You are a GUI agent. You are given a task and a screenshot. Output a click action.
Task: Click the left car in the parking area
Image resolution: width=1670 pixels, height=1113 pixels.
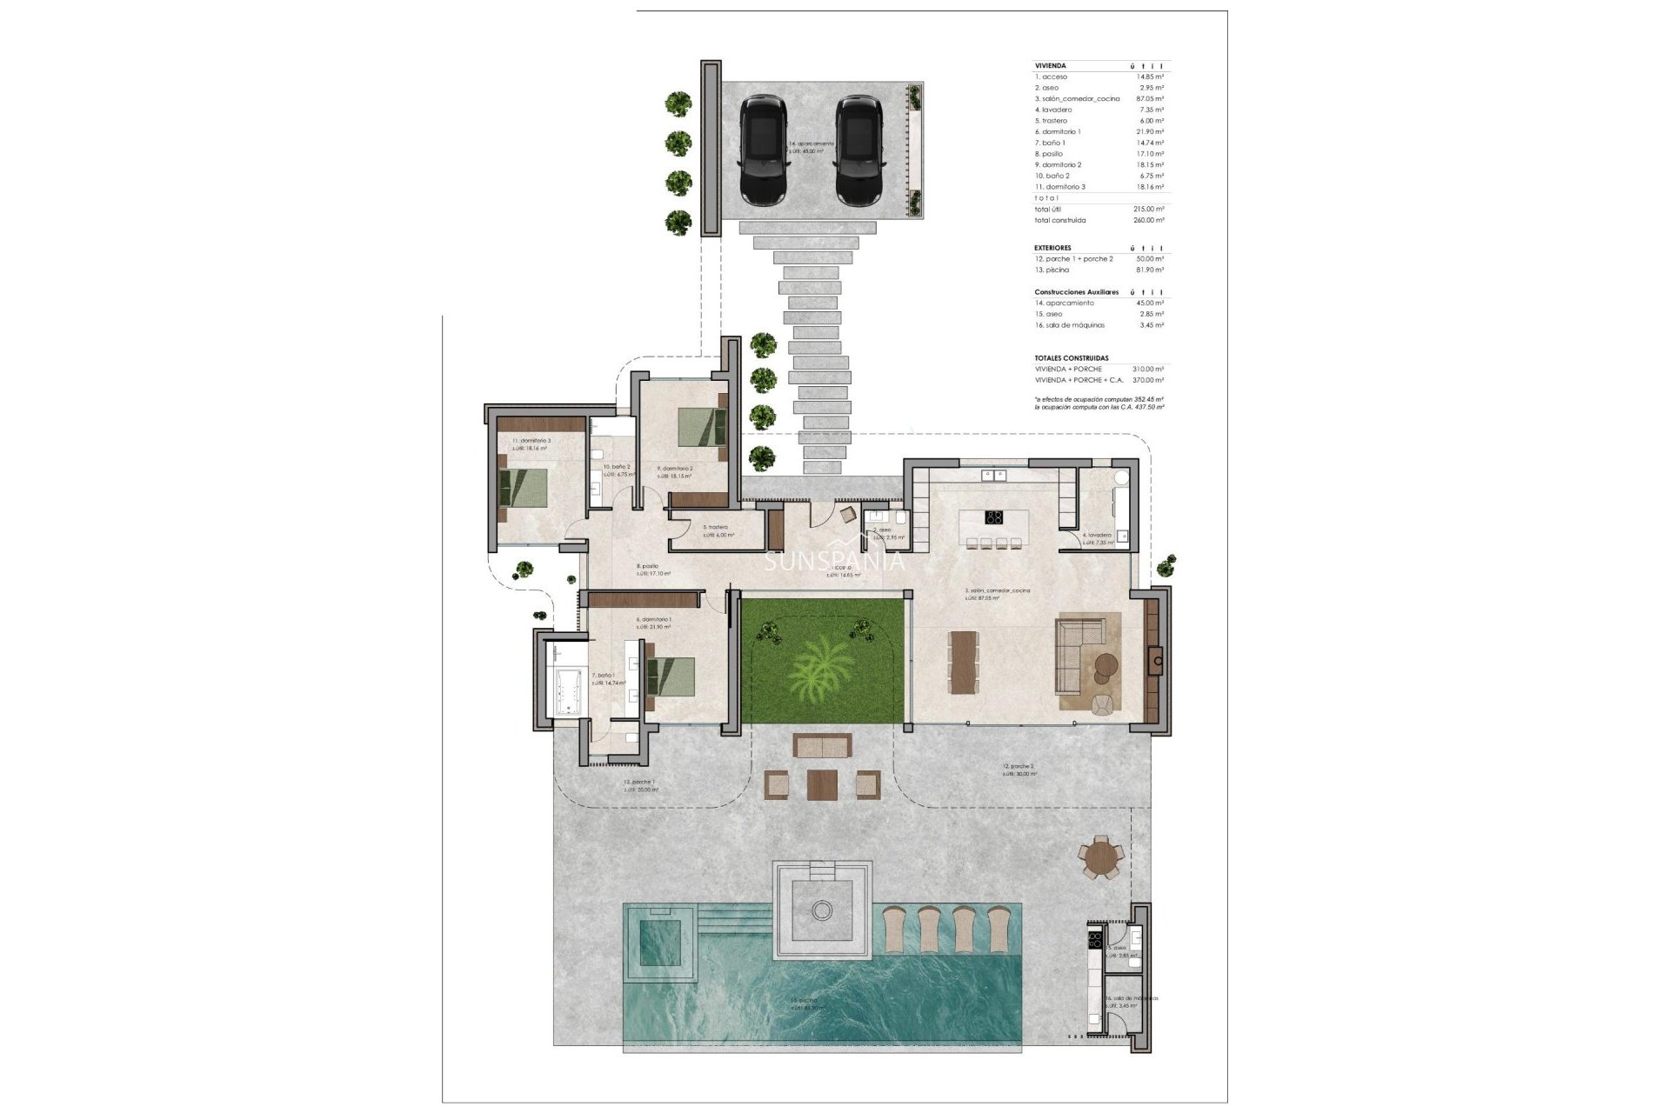(x=762, y=150)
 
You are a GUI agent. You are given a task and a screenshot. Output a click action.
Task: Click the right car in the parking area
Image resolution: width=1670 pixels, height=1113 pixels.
(x=858, y=150)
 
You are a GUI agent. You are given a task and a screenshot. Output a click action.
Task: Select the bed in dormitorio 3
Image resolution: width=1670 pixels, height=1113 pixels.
(x=524, y=488)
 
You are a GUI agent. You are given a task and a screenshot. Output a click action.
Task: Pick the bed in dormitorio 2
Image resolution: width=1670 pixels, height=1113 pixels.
(x=701, y=427)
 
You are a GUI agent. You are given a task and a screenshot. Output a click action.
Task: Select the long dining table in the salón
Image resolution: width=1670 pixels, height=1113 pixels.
(x=961, y=662)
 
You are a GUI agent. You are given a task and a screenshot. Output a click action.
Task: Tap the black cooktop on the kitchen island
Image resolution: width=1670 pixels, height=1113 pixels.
(x=994, y=518)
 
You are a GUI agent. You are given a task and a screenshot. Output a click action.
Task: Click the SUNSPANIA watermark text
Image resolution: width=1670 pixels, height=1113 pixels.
(x=833, y=562)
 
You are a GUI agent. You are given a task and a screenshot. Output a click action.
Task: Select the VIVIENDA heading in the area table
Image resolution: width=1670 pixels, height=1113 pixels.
(x=1050, y=66)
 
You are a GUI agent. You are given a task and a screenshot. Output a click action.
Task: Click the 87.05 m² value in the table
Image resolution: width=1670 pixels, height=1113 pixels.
(x=1150, y=99)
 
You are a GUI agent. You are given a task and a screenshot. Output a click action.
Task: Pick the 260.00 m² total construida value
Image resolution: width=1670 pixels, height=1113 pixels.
(x=1148, y=221)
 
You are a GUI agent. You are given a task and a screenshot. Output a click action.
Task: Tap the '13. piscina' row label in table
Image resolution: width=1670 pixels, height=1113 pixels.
(x=1052, y=270)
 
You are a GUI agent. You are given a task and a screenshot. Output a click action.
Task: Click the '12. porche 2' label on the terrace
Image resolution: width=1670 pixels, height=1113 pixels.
(x=1018, y=767)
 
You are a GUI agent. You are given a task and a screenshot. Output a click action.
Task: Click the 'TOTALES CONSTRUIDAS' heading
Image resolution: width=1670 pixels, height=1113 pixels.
(x=1072, y=358)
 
